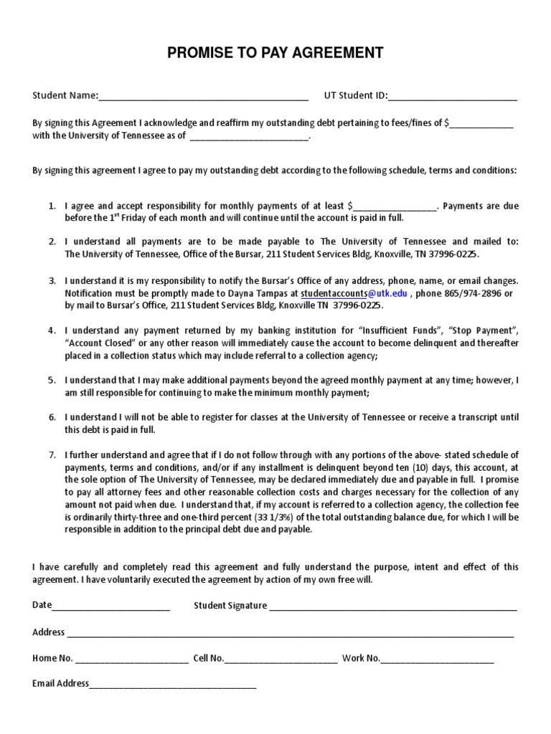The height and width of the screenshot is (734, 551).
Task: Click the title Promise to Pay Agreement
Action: [275, 53]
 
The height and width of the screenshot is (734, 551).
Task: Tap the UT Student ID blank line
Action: [453, 97]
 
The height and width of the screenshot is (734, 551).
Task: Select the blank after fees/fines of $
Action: [481, 123]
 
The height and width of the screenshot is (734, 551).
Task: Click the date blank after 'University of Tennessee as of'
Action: [249, 136]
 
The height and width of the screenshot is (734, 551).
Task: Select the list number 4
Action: [52, 330]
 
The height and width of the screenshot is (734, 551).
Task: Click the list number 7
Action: [52, 454]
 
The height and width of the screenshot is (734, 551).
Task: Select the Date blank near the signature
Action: [111, 606]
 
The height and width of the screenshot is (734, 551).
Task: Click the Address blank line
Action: [291, 634]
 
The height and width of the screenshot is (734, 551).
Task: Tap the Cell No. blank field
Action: [281, 659]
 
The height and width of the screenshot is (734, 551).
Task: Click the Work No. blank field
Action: [438, 659]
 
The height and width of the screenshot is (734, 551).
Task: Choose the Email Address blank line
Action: [173, 685]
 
